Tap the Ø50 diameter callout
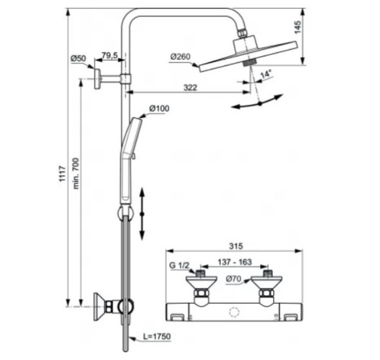click(x=78, y=59)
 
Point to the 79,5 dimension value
click(x=109, y=56)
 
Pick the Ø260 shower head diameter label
click(x=180, y=57)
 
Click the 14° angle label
click(x=265, y=75)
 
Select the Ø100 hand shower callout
click(x=159, y=108)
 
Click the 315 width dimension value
click(x=237, y=246)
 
